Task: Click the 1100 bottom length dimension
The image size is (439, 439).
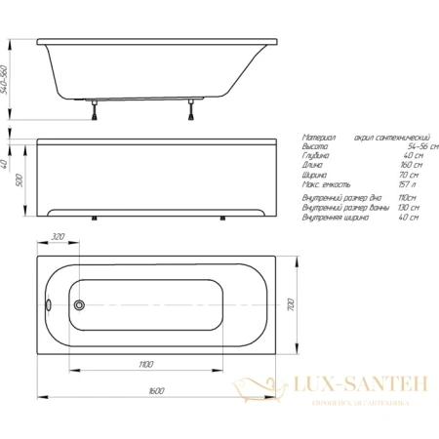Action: click(145, 364)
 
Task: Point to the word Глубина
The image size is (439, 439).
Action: click(318, 156)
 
